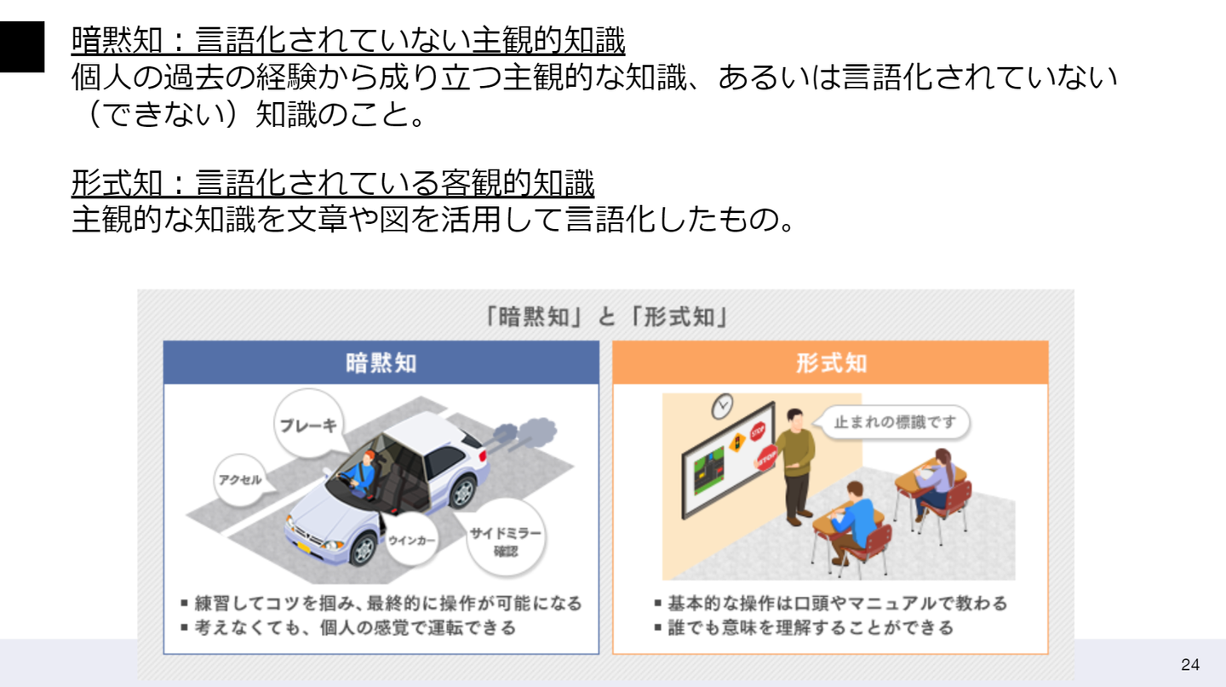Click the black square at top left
click(x=22, y=47)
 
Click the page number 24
click(x=1190, y=665)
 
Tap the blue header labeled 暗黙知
click(x=381, y=363)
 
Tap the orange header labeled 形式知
click(x=830, y=363)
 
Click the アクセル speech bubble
click(x=240, y=480)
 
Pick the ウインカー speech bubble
click(x=411, y=540)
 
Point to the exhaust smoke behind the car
click(x=525, y=432)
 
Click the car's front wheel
click(x=363, y=550)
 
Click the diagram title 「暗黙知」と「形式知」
click(x=606, y=317)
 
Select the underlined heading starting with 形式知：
click(x=333, y=183)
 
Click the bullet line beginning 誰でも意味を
click(x=804, y=627)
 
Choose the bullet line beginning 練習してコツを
click(x=381, y=604)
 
